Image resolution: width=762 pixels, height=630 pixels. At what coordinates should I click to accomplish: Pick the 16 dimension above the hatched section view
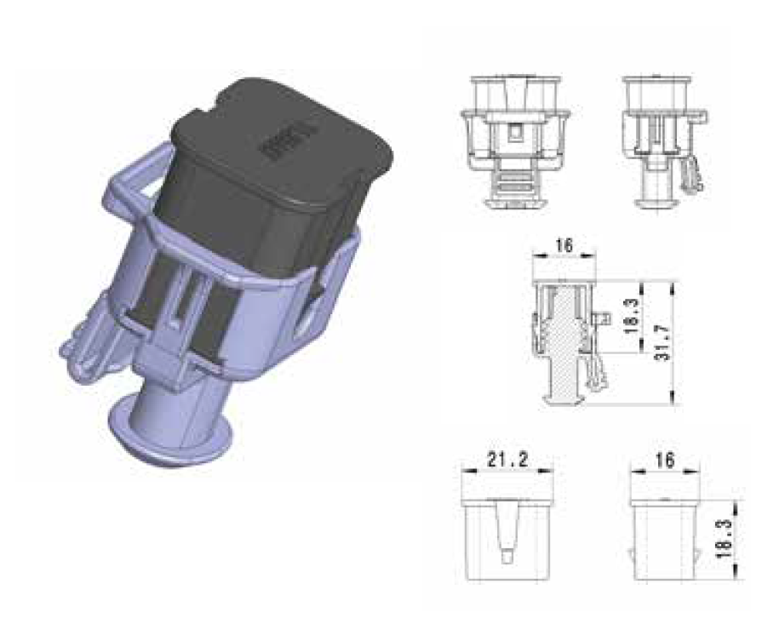pyautogui.click(x=563, y=246)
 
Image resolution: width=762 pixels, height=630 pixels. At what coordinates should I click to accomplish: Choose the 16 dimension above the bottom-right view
pyautogui.click(x=665, y=461)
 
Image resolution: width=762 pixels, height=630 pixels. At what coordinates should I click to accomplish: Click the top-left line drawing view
pyautogui.click(x=513, y=140)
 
